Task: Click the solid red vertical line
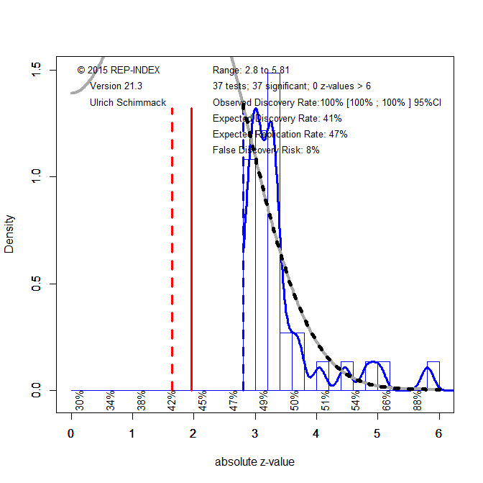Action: tap(191, 245)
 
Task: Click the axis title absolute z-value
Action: tap(254, 462)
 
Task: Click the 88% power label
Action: tap(418, 401)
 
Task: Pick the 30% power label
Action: tap(80, 401)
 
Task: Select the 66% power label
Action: tap(387, 401)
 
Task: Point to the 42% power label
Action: tap(172, 401)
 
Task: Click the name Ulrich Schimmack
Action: tap(128, 102)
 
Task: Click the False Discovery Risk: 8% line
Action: tap(266, 150)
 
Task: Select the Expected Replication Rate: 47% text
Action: tap(280, 134)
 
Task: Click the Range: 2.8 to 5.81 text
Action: tap(251, 70)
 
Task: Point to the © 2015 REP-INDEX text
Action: tap(119, 70)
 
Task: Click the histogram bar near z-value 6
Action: tap(433, 376)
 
